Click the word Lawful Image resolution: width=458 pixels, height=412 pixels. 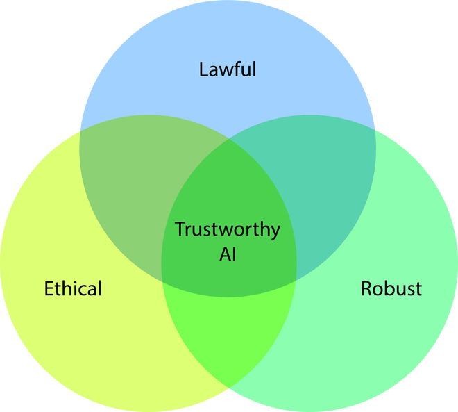point(228,69)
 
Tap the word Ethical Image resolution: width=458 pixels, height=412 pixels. point(73,288)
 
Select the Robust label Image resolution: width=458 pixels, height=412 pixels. point(391,288)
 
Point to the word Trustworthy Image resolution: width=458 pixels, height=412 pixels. point(228,229)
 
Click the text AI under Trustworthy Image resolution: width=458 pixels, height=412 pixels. point(228,254)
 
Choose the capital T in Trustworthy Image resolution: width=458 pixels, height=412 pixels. point(180,229)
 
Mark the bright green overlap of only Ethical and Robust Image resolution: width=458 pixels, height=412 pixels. point(229,333)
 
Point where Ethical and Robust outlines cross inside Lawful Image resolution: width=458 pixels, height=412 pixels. point(229,138)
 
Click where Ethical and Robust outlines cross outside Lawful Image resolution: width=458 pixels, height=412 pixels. point(229,387)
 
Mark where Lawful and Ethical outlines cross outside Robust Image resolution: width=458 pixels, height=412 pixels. point(80,131)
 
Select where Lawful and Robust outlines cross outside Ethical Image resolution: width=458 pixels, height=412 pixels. point(376,130)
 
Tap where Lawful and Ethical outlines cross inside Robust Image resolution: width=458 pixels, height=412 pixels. point(296,279)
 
